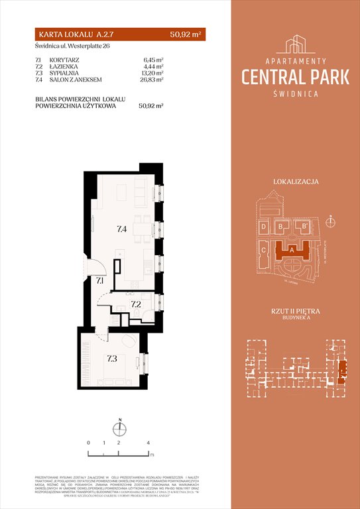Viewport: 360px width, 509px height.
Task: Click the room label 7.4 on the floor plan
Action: point(122,229)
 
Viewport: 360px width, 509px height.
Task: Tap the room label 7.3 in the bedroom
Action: point(111,359)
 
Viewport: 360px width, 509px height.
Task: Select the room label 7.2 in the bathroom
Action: point(135,304)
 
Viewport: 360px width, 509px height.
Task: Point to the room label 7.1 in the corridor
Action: point(99,281)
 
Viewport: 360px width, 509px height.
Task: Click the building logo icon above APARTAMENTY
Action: point(296,44)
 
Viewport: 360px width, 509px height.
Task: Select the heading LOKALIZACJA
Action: point(296,181)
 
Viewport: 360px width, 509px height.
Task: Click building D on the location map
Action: point(264,227)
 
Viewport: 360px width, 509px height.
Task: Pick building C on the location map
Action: point(264,251)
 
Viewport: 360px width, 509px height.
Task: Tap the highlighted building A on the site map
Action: point(292,251)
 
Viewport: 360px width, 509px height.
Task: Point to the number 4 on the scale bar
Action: point(149,442)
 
